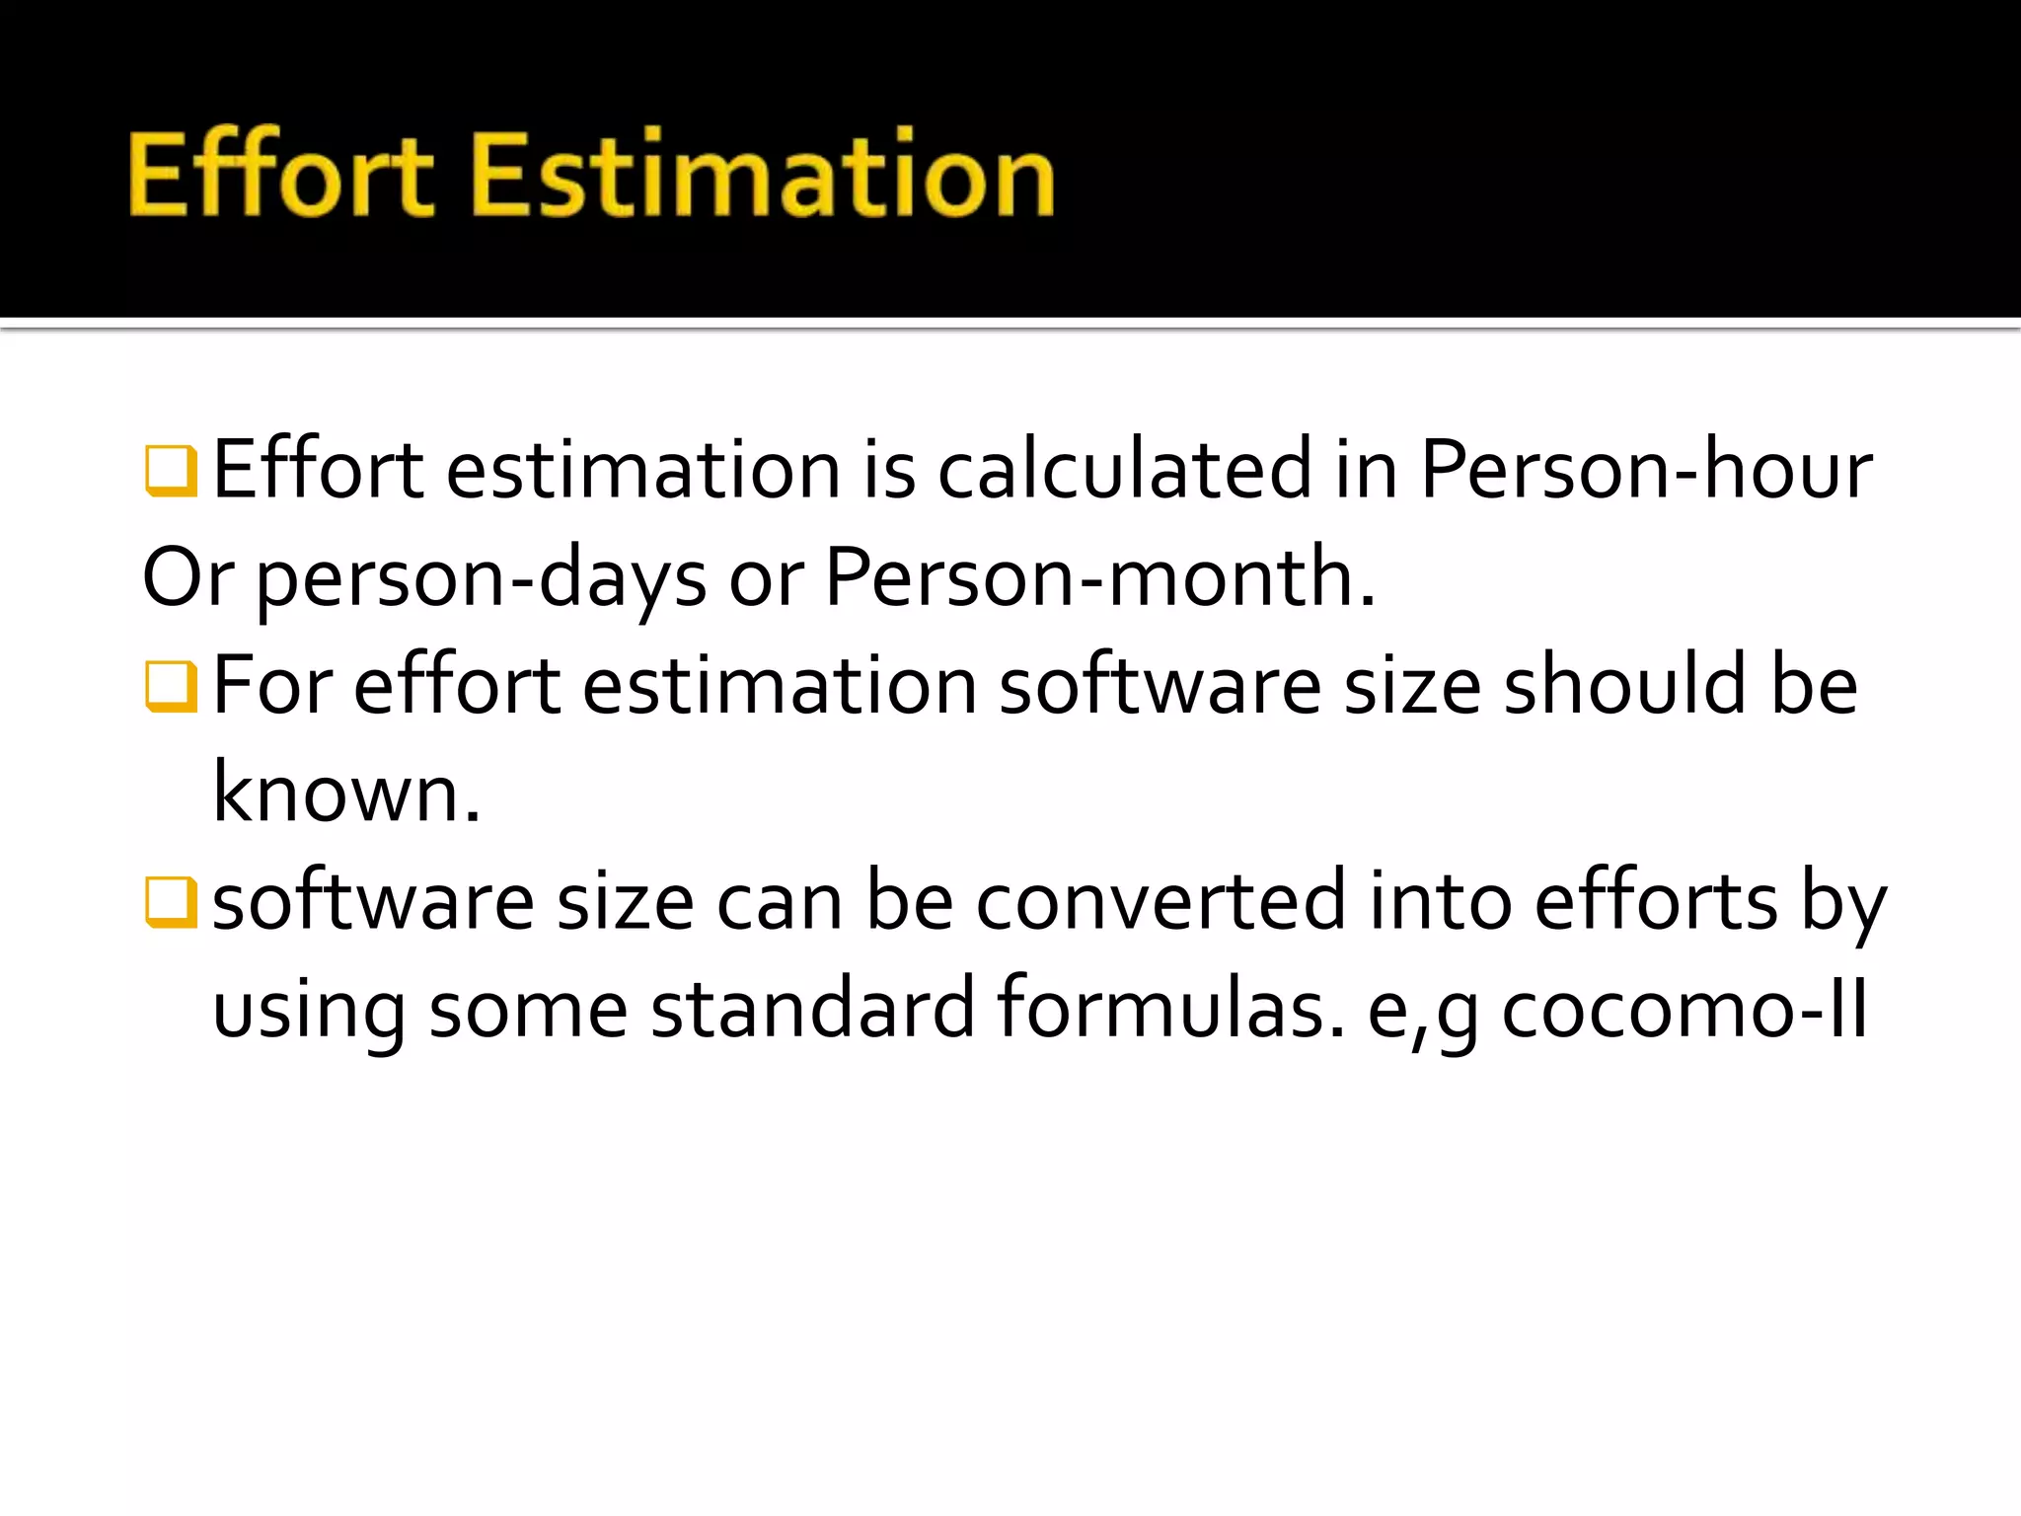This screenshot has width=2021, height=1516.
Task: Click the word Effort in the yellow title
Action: point(280,175)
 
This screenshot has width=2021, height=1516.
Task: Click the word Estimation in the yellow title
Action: point(763,175)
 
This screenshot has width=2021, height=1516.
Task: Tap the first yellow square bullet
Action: point(171,470)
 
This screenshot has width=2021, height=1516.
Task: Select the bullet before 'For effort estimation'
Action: point(171,686)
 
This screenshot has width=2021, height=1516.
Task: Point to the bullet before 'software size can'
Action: point(171,901)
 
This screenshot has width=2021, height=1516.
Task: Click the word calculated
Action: point(1124,470)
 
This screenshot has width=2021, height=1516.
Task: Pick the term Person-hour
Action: point(1645,470)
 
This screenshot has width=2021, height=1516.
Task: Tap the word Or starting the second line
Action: point(187,577)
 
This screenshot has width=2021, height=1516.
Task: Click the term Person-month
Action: point(1099,577)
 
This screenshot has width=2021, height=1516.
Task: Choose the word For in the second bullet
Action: point(272,686)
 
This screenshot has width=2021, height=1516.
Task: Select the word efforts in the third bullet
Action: point(1655,901)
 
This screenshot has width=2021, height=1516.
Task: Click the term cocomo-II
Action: point(1684,1011)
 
